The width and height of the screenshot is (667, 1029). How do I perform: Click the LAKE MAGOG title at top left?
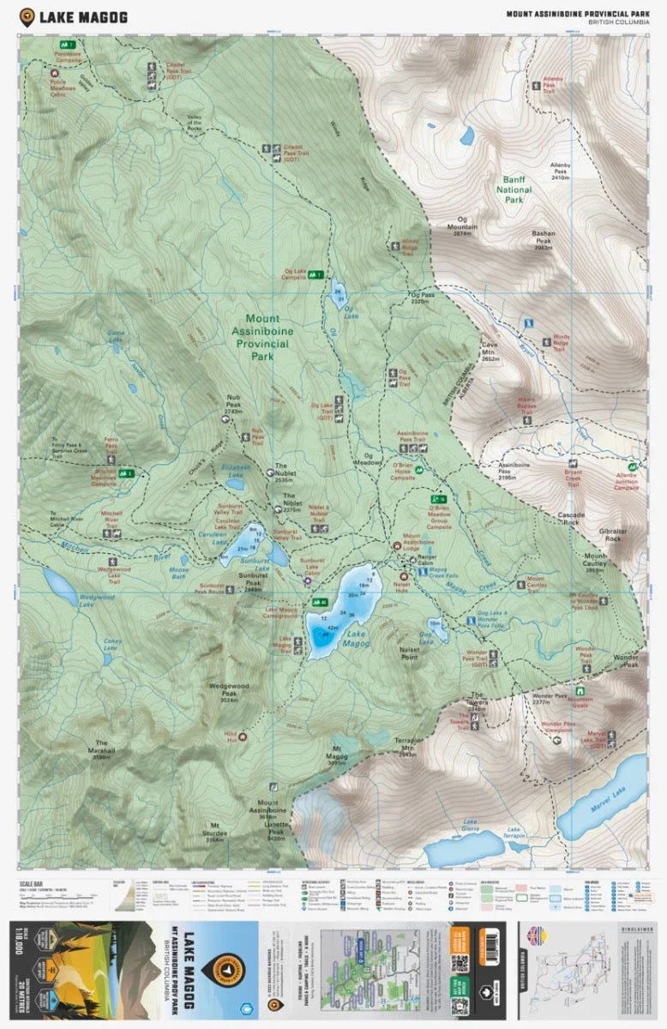pos(81,16)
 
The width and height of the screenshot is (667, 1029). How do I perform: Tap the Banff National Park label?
pos(525,190)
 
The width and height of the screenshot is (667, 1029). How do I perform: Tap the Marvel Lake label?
pos(608,804)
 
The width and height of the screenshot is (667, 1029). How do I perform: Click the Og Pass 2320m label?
pos(419,298)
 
